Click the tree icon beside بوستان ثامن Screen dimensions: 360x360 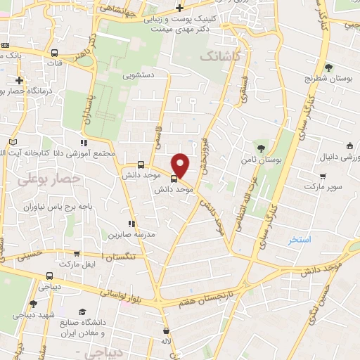pos(262,148)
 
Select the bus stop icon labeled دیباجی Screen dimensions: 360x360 pos(49,276)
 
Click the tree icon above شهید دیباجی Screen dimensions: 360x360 pos(33,304)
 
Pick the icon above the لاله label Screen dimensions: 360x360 pos(165,330)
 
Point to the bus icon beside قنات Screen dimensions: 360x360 pos(54,52)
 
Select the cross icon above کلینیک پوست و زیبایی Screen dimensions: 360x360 pos(180,8)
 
